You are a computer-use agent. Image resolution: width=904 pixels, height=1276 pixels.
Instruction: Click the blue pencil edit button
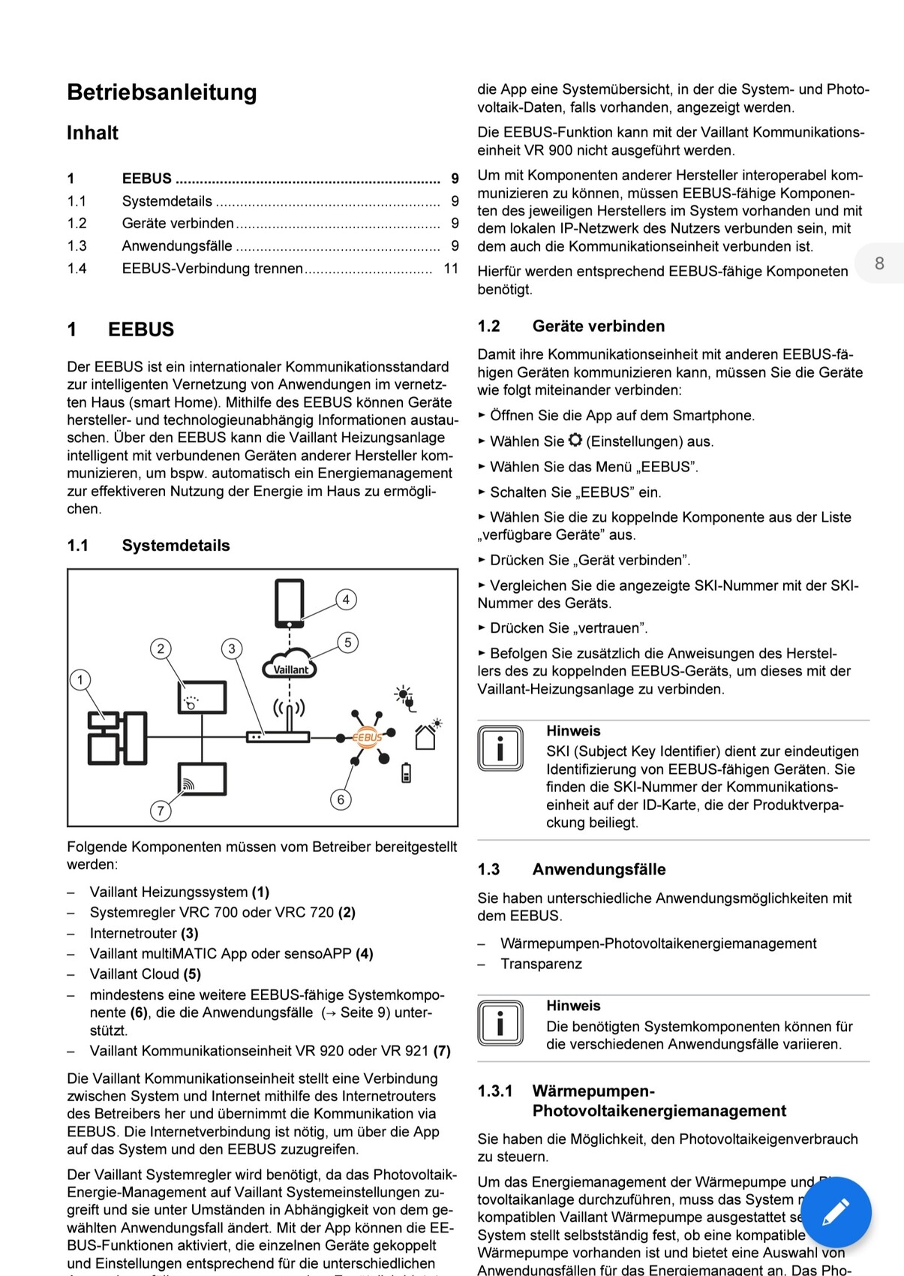tap(836, 1212)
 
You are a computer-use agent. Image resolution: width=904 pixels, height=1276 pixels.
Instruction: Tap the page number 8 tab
tap(879, 263)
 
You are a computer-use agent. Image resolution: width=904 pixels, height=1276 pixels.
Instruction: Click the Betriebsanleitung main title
tap(162, 92)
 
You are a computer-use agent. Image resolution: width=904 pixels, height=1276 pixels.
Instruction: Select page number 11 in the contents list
tap(451, 269)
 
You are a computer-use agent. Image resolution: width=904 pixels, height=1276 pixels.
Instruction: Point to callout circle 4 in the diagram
tap(346, 600)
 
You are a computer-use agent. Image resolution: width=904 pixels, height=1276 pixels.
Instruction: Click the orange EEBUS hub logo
tap(367, 737)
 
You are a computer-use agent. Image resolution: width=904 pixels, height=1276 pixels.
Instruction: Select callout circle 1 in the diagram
tap(80, 680)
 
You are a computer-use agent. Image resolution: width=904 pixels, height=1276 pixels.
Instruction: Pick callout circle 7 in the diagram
tap(161, 811)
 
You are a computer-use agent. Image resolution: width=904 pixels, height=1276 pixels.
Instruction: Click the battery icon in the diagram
tap(406, 772)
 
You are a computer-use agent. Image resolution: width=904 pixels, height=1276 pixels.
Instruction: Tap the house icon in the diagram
tap(425, 737)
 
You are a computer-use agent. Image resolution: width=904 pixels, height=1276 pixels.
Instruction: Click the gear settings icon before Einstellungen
tap(575, 441)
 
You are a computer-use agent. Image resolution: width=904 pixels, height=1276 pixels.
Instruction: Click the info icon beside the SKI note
tap(500, 748)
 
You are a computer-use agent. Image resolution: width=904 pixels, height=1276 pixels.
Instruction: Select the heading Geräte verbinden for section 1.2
tap(599, 327)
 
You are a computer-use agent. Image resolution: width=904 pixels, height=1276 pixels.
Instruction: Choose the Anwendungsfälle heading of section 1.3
tap(599, 870)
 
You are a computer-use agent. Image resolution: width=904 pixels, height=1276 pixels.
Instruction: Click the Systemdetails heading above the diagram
tap(176, 546)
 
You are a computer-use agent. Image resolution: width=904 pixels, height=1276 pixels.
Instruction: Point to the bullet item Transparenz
tap(541, 964)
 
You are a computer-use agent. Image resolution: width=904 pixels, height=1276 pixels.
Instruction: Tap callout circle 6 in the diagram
tap(341, 799)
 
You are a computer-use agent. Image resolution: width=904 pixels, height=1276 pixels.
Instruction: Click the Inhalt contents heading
tap(92, 133)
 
